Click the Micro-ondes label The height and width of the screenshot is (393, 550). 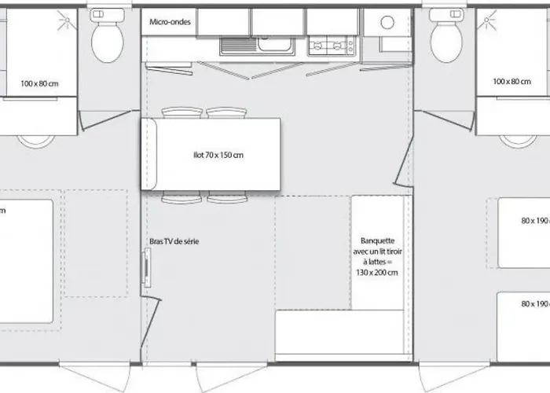pos(168,21)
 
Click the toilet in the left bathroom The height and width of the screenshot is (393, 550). pos(107,39)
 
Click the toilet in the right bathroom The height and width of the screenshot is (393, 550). pos(446,39)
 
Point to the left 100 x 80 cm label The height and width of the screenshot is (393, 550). pos(39,82)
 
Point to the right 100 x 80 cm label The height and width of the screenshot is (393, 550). pos(511,82)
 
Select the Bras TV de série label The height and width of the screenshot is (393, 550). pos(174,241)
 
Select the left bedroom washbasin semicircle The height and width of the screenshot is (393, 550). pos(34,141)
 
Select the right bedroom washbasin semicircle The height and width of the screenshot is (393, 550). pos(516,141)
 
